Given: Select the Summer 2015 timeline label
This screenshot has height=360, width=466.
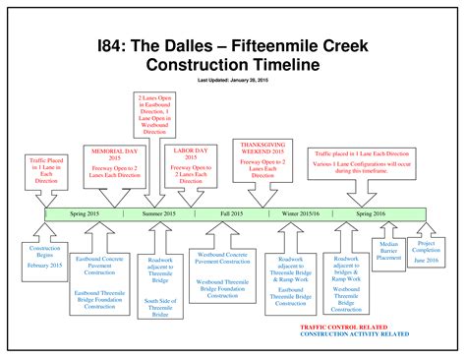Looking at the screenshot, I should [158, 213].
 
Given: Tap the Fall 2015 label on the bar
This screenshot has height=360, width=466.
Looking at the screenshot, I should [232, 213].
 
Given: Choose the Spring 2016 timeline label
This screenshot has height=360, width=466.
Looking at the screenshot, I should [371, 213].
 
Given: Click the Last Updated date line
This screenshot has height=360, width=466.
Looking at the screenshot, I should [233, 80].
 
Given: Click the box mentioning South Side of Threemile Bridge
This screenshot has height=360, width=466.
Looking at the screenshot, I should [161, 284].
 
